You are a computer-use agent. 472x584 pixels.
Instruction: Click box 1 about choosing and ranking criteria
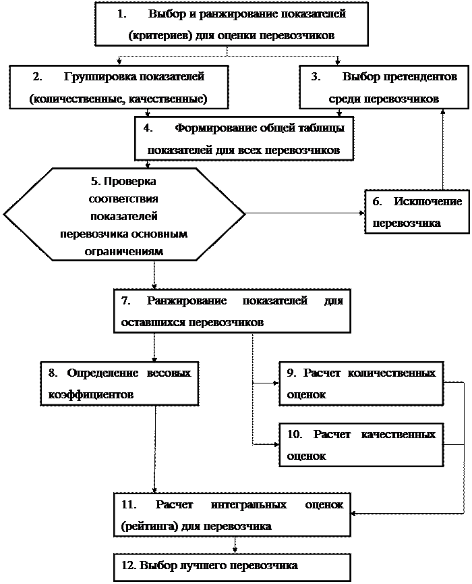[231, 24]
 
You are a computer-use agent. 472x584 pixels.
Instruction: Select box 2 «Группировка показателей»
[118, 87]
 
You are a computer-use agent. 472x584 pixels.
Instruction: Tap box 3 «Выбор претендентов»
[384, 87]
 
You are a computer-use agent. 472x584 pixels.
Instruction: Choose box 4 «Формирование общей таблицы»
[243, 138]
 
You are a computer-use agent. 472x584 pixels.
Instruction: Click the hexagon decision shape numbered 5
[124, 215]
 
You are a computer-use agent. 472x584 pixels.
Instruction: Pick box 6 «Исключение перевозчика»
[417, 212]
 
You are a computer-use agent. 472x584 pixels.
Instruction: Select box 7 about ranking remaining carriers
[232, 311]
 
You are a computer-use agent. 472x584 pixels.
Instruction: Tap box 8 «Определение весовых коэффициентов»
[119, 383]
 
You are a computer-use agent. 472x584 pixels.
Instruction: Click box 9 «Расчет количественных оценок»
[361, 383]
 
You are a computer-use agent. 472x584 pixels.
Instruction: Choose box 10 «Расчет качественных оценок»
[361, 445]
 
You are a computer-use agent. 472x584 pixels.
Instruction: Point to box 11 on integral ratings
[232, 515]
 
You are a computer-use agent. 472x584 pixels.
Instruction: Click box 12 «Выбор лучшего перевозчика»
[232, 565]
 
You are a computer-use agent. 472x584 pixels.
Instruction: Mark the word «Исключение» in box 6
[427, 201]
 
